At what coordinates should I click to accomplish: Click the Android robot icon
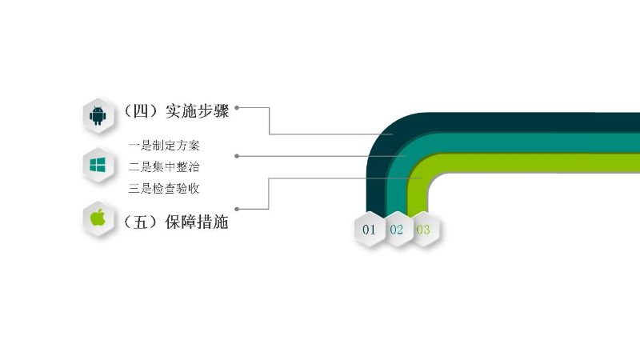pyautogui.click(x=98, y=115)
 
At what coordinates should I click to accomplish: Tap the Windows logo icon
pyautogui.click(x=98, y=165)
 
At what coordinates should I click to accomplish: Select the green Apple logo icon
pyautogui.click(x=98, y=217)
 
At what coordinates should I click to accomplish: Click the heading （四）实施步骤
pyautogui.click(x=175, y=111)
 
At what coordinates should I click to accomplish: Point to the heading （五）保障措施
pyautogui.click(x=175, y=222)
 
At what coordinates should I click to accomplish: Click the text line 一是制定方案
pyautogui.click(x=164, y=146)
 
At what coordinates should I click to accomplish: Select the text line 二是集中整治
pyautogui.click(x=164, y=166)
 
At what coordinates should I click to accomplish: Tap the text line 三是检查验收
pyautogui.click(x=164, y=188)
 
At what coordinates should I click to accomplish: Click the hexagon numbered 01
pyautogui.click(x=370, y=230)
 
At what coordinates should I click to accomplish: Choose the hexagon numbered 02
pyautogui.click(x=397, y=230)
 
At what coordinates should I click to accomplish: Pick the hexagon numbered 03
pyautogui.click(x=425, y=230)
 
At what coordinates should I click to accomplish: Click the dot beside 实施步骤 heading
pyautogui.click(x=237, y=108)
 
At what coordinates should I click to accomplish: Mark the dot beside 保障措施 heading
pyautogui.click(x=237, y=209)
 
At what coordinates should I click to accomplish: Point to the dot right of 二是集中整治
pyautogui.click(x=237, y=156)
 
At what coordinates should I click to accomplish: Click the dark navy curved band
pyautogui.click(x=490, y=122)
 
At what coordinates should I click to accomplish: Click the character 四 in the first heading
pyautogui.click(x=141, y=111)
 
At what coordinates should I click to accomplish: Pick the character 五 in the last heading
pyautogui.click(x=141, y=222)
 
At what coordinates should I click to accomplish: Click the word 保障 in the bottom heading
pyautogui.click(x=181, y=222)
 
